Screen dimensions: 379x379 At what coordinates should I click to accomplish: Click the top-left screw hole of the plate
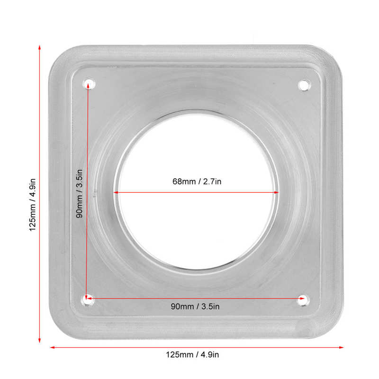click(x=88, y=84)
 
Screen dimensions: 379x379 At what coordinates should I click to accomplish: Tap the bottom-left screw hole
click(x=88, y=299)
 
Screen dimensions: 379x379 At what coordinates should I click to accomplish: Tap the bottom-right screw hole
click(x=304, y=299)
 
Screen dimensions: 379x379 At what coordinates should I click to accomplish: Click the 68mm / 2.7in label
click(x=197, y=181)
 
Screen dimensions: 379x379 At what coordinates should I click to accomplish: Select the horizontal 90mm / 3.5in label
click(x=195, y=307)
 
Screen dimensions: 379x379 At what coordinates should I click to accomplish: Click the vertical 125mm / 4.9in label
click(x=33, y=204)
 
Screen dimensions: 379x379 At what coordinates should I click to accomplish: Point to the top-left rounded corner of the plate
click(x=57, y=54)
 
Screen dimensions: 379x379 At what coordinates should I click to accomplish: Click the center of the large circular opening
click(x=196, y=193)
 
